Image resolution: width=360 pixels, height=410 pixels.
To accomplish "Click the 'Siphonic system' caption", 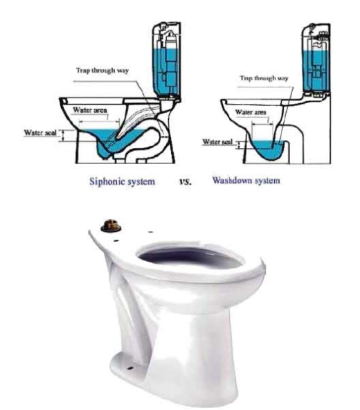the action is tap(122, 181).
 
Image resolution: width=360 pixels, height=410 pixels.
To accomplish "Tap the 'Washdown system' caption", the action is tap(246, 181).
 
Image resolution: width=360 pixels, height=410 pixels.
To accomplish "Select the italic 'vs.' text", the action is tap(186, 181).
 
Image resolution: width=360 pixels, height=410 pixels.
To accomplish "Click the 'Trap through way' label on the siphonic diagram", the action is tap(102, 71).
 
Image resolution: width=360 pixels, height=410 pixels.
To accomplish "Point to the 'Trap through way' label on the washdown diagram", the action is tap(264, 78).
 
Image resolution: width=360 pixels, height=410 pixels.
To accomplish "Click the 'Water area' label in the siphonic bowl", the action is tap(90, 110).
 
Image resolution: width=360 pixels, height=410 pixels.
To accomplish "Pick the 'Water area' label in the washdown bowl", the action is tap(251, 112).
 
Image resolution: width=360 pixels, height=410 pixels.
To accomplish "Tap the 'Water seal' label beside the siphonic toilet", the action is tap(40, 132).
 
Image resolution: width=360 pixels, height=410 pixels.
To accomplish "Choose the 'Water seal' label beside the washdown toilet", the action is tap(217, 142).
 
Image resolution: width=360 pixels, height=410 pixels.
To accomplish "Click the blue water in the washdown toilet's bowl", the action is tap(267, 151).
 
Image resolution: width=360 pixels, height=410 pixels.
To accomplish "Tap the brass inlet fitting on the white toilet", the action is tap(111, 225).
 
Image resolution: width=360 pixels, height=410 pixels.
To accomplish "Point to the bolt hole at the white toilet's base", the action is tap(129, 368).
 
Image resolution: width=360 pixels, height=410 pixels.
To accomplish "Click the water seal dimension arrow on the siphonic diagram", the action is tap(63, 136).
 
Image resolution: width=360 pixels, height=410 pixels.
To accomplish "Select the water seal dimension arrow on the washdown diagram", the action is tap(239, 145).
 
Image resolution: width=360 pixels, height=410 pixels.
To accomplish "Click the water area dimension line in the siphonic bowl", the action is tap(99, 122).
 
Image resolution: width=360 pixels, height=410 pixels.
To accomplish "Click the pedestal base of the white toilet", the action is tap(183, 366).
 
